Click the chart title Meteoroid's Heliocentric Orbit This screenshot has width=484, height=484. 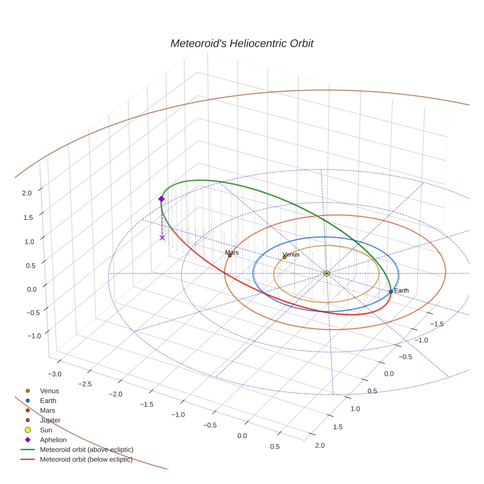coord(242,43)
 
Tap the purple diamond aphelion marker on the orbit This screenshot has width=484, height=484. coord(161,199)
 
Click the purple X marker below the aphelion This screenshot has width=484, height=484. coord(162,238)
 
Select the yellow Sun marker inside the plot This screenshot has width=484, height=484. coord(327,273)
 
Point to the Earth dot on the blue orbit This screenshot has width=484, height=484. coord(391,292)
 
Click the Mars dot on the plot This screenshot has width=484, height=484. coord(230,256)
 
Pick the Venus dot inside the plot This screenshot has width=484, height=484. coord(284,257)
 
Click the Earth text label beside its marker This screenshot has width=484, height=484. coord(401,291)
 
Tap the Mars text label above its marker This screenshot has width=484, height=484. coord(232,252)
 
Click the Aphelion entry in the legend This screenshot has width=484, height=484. coord(53,440)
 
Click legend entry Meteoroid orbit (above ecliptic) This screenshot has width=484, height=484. coord(86,450)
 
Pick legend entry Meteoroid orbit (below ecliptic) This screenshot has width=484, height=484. coord(86,459)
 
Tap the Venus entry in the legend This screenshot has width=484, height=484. coord(49,391)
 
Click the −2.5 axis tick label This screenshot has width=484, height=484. coord(85,384)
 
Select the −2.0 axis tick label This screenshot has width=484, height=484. coord(115,394)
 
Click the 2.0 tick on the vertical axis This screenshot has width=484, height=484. coord(27,193)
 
